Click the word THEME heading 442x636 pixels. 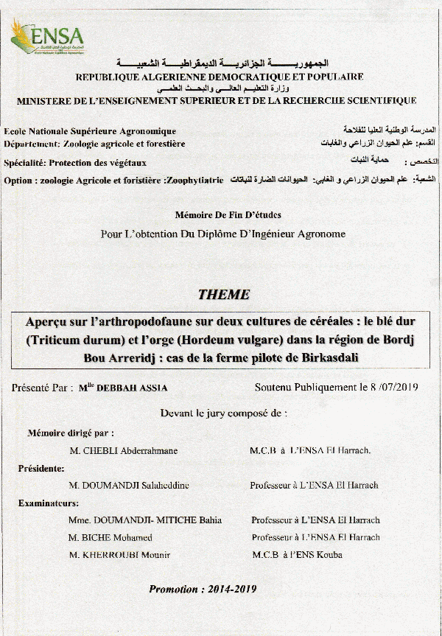(x=224, y=295)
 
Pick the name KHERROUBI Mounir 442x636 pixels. (x=127, y=554)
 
